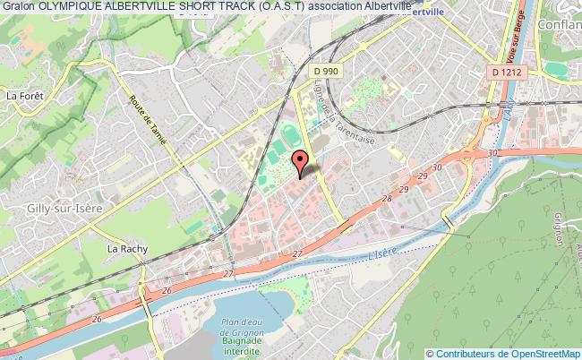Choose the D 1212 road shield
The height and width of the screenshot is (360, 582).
tap(507, 70)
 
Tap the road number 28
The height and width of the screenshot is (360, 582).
tap(387, 199)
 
